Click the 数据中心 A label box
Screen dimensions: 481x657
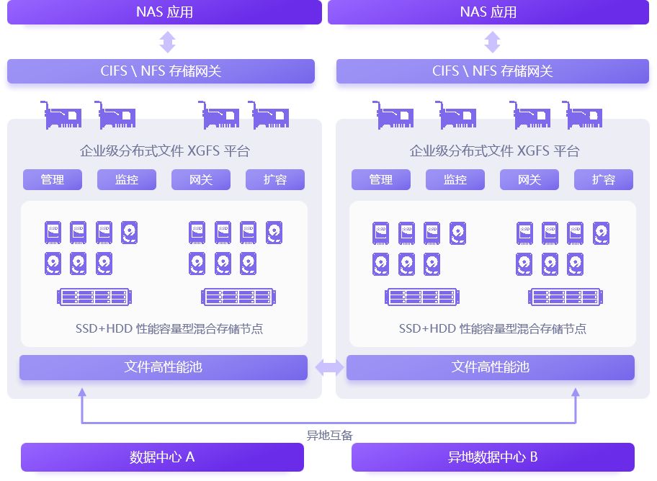point(162,457)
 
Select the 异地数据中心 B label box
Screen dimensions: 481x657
point(493,457)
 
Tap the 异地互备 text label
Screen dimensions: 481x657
point(329,435)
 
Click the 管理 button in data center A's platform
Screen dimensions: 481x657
point(53,180)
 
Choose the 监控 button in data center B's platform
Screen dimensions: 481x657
point(455,180)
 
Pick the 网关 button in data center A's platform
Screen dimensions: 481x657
point(201,180)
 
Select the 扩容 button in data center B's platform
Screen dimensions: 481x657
point(604,180)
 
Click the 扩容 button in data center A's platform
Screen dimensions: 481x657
point(275,180)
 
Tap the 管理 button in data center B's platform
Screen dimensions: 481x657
point(381,180)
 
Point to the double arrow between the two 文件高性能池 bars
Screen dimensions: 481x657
point(329,368)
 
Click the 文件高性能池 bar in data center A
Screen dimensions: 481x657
point(164,367)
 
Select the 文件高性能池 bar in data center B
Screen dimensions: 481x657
point(491,367)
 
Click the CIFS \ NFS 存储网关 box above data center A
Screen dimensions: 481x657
point(161,71)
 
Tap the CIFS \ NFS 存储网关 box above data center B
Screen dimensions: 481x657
point(493,71)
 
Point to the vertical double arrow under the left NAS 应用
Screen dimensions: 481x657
point(167,42)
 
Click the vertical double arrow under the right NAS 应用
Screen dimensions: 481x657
point(492,42)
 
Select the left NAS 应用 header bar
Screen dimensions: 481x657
point(164,12)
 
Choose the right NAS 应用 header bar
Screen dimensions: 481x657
point(488,12)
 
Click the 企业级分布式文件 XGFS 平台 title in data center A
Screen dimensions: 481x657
point(165,151)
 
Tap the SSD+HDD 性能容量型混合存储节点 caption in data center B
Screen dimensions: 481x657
point(493,329)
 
